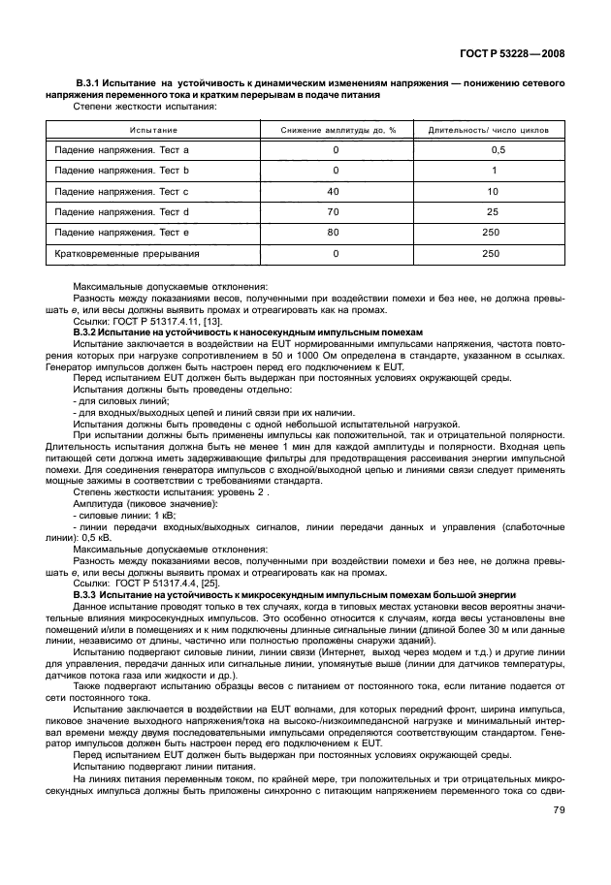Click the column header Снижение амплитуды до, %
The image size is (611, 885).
338,130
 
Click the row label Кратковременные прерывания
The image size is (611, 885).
127,254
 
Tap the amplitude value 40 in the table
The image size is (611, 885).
335,192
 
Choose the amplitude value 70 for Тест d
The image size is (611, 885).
335,212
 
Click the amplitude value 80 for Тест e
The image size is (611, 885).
335,233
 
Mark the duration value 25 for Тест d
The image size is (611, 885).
493,212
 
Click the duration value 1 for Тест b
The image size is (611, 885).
493,171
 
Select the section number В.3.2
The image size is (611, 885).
86,332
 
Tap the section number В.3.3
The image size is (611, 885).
86,594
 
